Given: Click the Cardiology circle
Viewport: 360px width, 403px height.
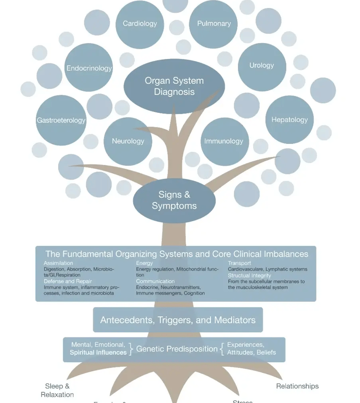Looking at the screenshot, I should (x=140, y=24).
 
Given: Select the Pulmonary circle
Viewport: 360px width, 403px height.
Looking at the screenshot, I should (x=214, y=24).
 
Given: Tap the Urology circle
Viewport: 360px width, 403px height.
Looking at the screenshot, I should (x=262, y=66).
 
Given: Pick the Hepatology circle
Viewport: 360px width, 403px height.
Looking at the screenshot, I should (x=289, y=120).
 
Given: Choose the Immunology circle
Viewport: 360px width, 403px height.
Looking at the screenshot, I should (x=224, y=141).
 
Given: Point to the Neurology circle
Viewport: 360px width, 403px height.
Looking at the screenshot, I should (x=128, y=141).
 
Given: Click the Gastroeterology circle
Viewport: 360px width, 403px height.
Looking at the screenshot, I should (x=61, y=120).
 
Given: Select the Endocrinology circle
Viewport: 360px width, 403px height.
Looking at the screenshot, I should (x=89, y=68).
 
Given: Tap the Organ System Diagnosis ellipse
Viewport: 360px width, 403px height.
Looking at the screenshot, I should (x=174, y=86).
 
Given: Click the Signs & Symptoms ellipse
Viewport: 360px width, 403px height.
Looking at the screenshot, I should (x=174, y=200).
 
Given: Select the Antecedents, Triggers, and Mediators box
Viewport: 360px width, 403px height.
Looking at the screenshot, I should (x=178, y=321).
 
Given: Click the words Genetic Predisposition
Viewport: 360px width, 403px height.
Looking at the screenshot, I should (x=177, y=349).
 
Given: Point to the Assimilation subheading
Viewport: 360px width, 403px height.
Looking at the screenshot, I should (x=59, y=263).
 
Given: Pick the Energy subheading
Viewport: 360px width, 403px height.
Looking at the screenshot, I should (x=144, y=263).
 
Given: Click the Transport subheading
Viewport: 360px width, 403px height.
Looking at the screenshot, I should (x=240, y=263).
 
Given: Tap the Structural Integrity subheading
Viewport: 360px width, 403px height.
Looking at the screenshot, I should (x=249, y=276).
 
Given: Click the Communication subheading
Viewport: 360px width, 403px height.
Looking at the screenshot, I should (x=155, y=281).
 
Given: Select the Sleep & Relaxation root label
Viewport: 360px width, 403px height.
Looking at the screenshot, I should (x=57, y=390).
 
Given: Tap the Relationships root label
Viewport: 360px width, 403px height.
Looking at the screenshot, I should (x=297, y=386).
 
